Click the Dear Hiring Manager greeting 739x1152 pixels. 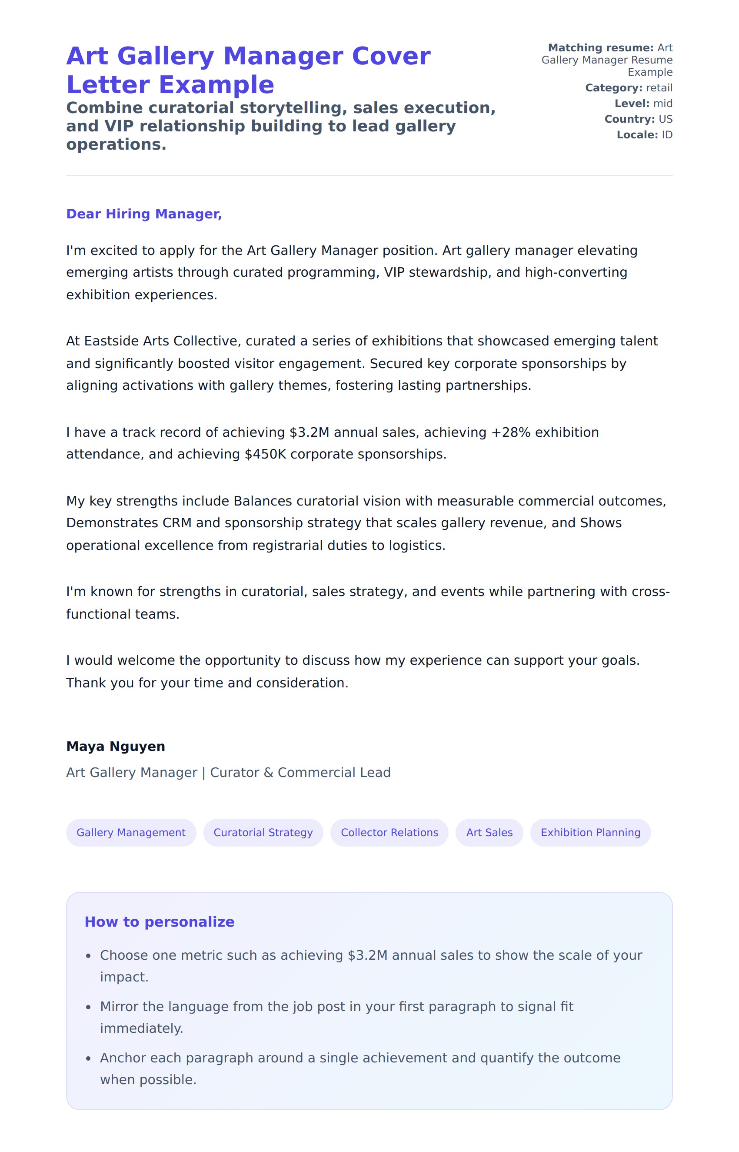click(144, 214)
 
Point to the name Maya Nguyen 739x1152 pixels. click(116, 746)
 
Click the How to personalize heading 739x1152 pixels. click(159, 921)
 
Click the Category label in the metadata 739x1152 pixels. click(613, 88)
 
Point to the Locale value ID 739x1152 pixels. click(667, 135)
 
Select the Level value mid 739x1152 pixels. click(662, 104)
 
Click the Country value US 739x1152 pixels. click(666, 119)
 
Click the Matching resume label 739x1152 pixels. click(600, 48)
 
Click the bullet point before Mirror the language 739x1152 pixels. click(88, 1007)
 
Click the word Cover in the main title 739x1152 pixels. click(391, 56)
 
